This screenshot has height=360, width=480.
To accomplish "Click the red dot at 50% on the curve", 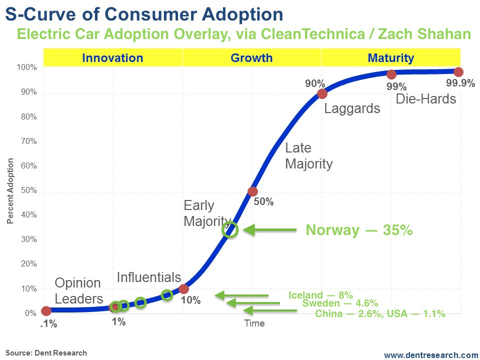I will (252, 191).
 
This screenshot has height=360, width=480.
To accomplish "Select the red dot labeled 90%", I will (322, 93).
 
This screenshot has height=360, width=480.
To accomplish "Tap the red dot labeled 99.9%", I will (458, 72).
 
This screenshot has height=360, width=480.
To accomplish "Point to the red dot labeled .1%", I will (46, 311).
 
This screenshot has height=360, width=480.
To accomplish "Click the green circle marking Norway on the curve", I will (231, 230).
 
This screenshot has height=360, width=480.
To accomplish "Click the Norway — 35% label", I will (359, 230).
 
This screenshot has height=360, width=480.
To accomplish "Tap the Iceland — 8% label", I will (320, 295).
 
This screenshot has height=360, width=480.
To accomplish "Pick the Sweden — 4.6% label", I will (340, 303).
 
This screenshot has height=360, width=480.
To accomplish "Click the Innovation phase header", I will (112, 58).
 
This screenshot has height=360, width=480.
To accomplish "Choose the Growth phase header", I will (251, 58).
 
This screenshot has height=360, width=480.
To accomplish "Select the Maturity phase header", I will (390, 58).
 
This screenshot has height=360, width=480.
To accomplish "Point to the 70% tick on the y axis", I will (28, 141).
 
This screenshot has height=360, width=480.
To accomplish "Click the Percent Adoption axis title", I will (10, 190).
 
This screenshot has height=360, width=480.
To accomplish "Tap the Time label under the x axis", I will (254, 323).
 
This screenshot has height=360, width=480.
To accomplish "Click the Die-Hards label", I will (426, 99).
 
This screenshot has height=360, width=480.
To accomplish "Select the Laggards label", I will (352, 108).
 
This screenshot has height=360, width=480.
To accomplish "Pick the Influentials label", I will (148, 277).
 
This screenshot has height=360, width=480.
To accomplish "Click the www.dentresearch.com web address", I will (431, 354).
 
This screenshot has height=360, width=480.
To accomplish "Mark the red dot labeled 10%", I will (183, 289).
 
